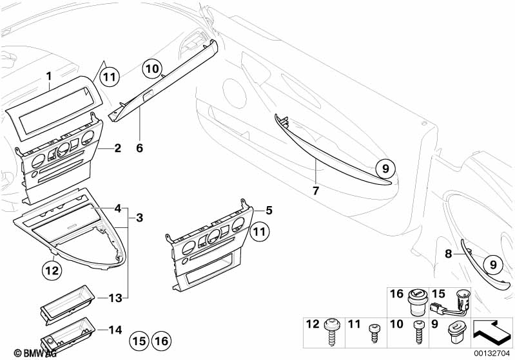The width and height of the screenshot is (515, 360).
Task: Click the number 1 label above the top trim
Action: [48, 77]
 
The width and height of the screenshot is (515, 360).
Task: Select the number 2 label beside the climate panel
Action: [117, 149]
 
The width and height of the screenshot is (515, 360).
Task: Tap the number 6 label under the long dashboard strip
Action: [139, 147]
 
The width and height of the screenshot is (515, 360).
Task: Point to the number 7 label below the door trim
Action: [316, 190]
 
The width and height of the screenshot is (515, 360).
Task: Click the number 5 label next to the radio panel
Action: [269, 210]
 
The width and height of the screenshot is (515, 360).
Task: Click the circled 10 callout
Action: [151, 68]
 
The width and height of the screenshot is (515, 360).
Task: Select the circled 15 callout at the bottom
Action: [139, 341]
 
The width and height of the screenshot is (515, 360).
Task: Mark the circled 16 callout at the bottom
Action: [161, 341]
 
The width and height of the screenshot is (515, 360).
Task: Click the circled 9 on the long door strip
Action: [384, 169]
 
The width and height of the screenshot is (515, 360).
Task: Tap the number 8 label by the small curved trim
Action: [449, 254]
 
